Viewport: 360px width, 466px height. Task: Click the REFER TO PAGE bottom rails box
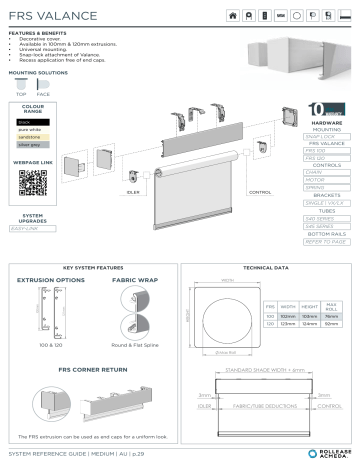326,241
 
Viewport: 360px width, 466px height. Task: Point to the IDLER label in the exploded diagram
133,191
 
